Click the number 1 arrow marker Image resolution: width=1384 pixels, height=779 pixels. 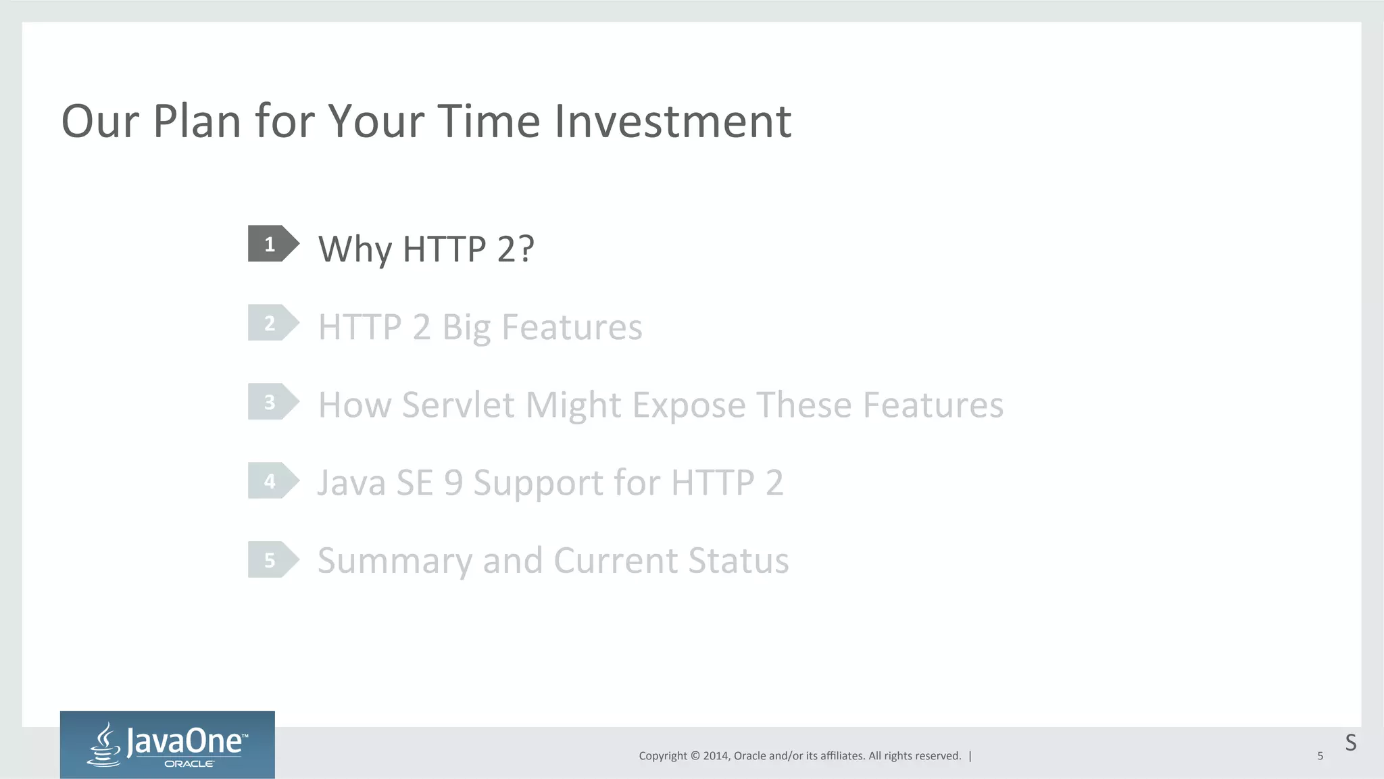[x=272, y=244]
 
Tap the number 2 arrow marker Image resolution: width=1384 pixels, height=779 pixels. [x=272, y=323]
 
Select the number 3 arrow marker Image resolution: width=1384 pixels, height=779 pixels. [x=272, y=402]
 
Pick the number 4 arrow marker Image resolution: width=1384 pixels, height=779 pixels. [x=272, y=481]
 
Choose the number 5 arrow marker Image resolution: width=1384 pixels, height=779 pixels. [x=272, y=560]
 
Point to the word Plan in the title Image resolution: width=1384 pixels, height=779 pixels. [x=197, y=122]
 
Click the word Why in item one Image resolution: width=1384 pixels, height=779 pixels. [x=355, y=249]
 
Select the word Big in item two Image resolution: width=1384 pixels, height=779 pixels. [x=466, y=328]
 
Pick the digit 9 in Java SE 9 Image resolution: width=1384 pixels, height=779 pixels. [x=453, y=483]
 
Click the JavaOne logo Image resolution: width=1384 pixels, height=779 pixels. [x=168, y=745]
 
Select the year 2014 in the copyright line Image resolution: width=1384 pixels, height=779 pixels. [x=715, y=756]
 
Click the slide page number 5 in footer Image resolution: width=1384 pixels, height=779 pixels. [x=1320, y=756]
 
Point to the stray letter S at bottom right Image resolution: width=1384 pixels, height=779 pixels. [x=1350, y=743]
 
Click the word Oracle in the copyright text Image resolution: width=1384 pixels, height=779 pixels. [x=749, y=756]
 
